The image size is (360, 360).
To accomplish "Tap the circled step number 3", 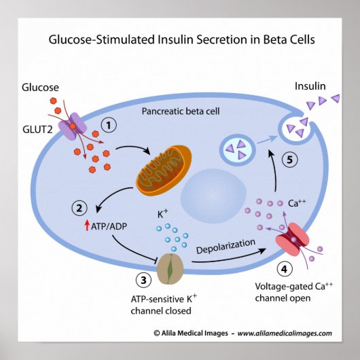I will [141, 280].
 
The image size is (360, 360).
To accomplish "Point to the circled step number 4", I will [286, 269].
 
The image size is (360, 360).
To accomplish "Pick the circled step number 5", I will [289, 160].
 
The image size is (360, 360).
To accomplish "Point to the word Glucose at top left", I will [40, 87].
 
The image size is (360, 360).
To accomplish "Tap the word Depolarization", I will [226, 246].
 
